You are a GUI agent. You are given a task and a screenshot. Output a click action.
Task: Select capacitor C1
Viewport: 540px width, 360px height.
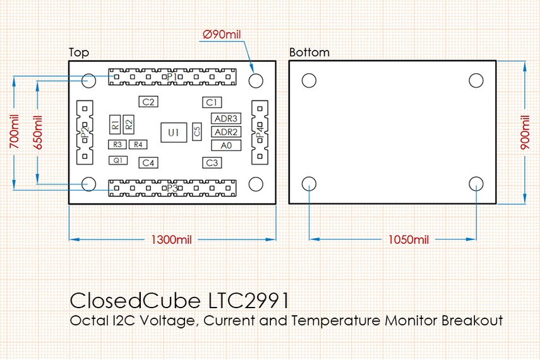[x=212, y=102]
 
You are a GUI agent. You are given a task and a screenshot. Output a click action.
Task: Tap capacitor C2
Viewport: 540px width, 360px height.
[x=148, y=102]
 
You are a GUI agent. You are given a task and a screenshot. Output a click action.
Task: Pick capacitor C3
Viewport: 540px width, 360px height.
[x=212, y=163]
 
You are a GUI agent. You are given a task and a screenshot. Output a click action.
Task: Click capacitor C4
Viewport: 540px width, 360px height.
[x=148, y=163]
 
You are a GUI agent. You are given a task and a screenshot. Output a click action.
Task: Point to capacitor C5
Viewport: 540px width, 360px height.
[x=197, y=131]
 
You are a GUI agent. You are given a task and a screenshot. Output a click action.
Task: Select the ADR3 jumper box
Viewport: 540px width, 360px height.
[x=226, y=119]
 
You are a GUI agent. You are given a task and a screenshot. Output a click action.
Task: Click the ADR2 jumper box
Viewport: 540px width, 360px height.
[x=226, y=132]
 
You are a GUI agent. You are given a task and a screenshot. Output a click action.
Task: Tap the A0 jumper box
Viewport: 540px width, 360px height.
[x=226, y=145]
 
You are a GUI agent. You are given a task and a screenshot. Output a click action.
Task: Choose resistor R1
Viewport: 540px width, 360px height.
[x=115, y=124]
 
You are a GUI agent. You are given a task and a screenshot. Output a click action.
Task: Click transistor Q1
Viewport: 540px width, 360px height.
[x=117, y=160]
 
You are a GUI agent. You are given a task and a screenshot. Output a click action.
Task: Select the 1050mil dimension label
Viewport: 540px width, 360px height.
[x=404, y=240]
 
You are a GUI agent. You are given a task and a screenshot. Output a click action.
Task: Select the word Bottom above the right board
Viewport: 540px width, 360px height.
[x=309, y=52]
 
